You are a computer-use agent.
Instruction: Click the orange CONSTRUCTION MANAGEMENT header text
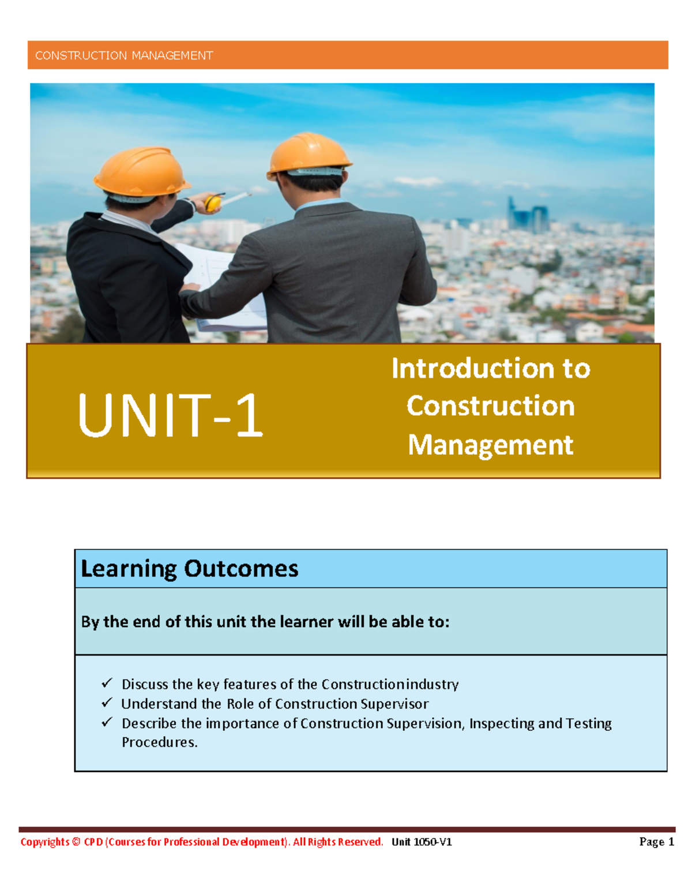[124, 55]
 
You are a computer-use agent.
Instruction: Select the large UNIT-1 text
[170, 415]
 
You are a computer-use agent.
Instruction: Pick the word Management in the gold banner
[491, 445]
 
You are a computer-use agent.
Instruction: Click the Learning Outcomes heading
[189, 569]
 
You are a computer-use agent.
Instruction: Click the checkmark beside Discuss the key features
[107, 683]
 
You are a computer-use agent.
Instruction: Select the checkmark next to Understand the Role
[107, 703]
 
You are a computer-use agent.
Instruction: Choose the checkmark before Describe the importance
[107, 722]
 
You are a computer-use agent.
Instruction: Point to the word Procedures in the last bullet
[159, 743]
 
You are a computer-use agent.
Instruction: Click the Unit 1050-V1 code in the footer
[422, 842]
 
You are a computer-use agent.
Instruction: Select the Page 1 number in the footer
[656, 842]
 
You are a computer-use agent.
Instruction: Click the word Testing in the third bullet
[588, 723]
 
